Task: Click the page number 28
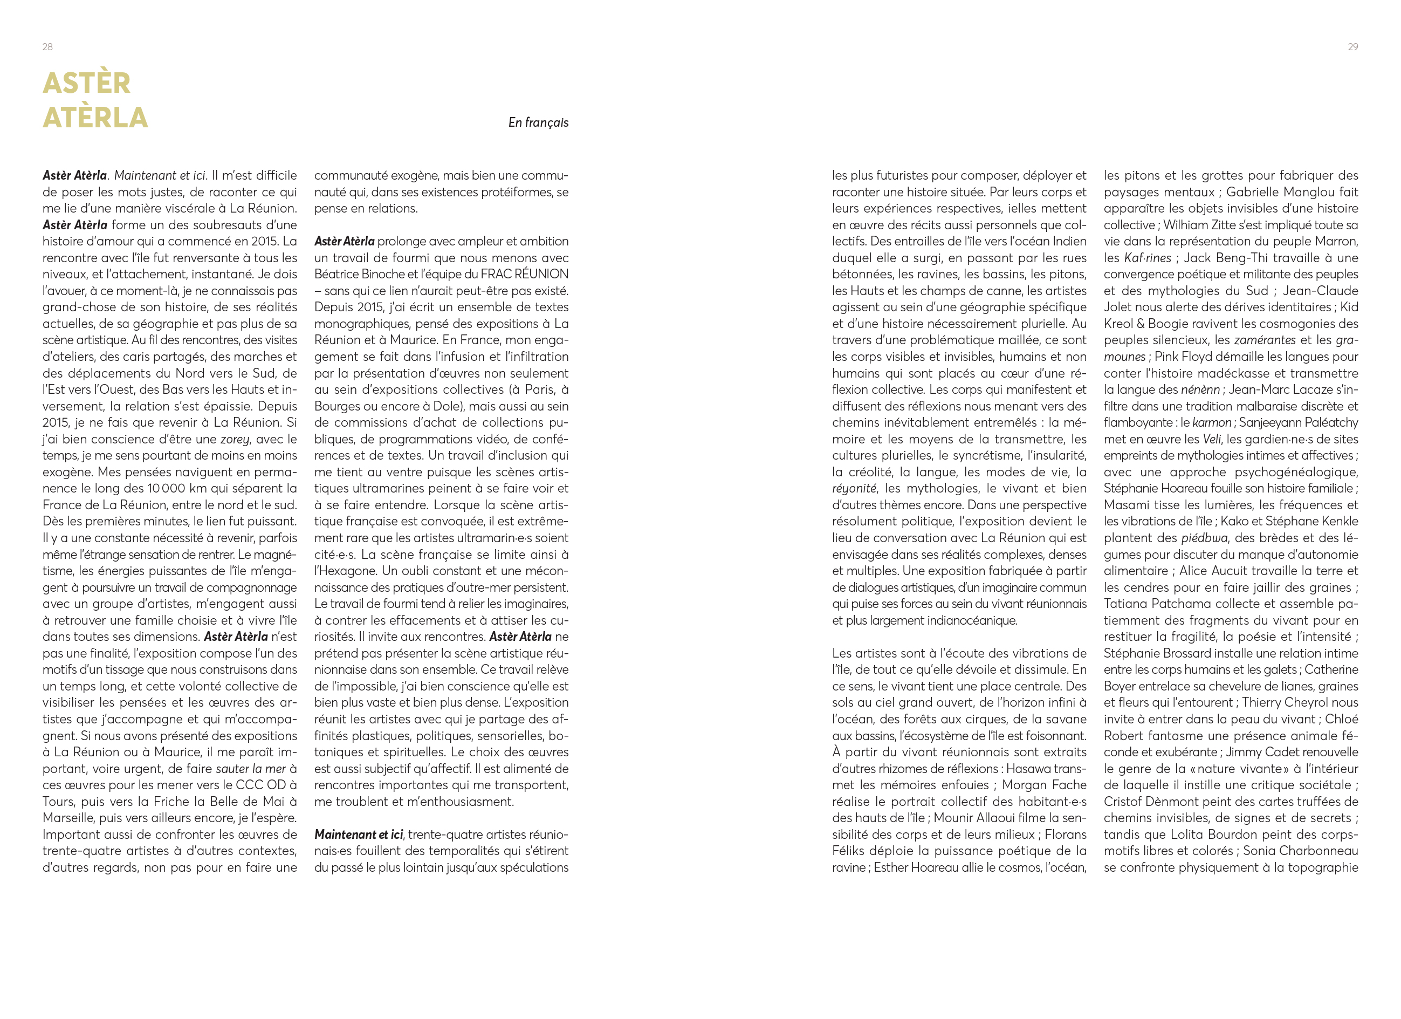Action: (47, 47)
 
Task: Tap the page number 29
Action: (1352, 47)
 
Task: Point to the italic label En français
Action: (538, 122)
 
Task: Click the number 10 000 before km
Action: (166, 488)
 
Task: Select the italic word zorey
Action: (235, 439)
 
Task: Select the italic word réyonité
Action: (854, 488)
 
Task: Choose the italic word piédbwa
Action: (1205, 538)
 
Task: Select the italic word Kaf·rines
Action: (1147, 258)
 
